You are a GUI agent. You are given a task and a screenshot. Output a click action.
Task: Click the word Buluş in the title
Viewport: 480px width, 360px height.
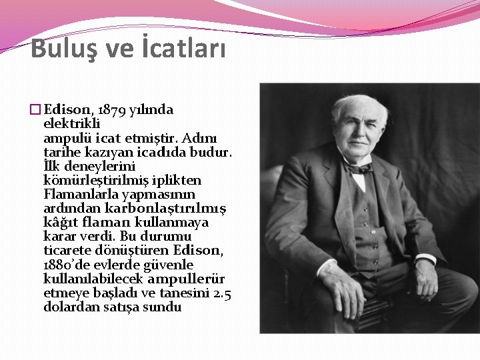click(61, 48)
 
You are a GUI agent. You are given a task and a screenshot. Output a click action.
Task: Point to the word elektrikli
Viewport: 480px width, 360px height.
click(71, 124)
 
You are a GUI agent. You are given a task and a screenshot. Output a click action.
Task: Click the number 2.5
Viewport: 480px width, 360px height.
click(221, 293)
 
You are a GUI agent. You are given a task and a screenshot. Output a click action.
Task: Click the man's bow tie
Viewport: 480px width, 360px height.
click(360, 168)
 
